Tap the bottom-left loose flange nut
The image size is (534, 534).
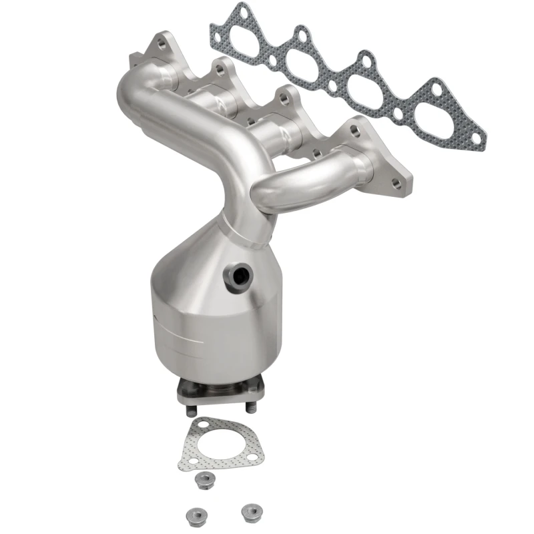(x=189, y=514)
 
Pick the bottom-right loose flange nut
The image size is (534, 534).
(x=250, y=511)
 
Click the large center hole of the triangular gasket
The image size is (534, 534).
(x=218, y=443)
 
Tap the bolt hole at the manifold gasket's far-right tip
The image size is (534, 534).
(x=476, y=137)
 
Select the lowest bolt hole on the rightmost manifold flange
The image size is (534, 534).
(x=396, y=182)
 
